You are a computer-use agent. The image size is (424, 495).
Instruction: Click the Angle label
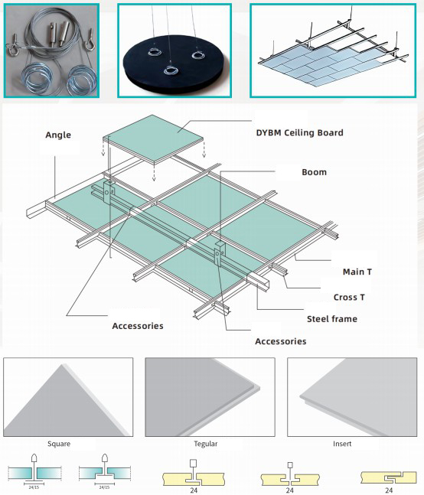tap(58, 135)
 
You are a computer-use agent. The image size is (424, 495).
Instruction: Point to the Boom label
tap(314, 172)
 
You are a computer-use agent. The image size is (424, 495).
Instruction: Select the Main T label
tap(357, 272)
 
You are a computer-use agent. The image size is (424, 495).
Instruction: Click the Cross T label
tap(349, 298)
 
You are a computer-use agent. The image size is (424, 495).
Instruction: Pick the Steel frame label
tap(332, 319)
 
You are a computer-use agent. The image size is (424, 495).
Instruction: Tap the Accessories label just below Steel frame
tap(281, 341)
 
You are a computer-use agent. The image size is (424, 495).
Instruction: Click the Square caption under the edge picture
tap(59, 444)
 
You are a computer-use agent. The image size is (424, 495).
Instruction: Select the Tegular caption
tap(206, 444)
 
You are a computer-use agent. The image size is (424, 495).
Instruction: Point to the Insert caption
tap(342, 444)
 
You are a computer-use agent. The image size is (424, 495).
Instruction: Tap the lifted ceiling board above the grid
tap(154, 139)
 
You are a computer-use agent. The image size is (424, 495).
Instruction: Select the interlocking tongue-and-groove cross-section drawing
tap(389, 477)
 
